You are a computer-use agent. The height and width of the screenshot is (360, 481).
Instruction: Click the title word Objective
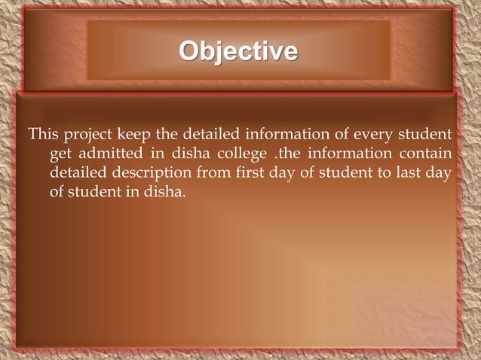point(238,51)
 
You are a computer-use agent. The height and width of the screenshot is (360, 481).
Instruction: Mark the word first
point(247,173)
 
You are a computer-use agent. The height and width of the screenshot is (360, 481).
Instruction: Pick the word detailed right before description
point(79,173)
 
